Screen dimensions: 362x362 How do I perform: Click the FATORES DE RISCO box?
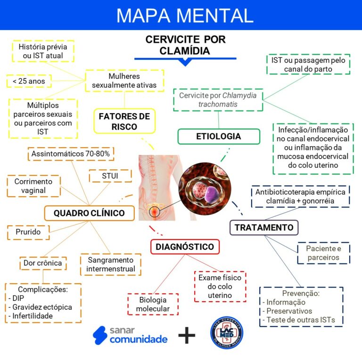point(124,121)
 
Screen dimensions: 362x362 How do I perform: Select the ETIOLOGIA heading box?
point(218,136)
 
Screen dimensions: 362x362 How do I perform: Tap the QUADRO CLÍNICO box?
point(89,213)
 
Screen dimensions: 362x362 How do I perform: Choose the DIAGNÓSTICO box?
point(185,247)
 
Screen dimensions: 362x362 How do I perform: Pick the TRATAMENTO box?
point(263,227)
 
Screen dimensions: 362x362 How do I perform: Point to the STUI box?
point(110,176)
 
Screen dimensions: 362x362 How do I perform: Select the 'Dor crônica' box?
point(42,263)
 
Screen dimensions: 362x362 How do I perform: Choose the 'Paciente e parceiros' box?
point(323,253)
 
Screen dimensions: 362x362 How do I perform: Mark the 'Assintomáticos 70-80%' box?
point(71,154)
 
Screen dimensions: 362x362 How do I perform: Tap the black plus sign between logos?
point(187,336)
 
